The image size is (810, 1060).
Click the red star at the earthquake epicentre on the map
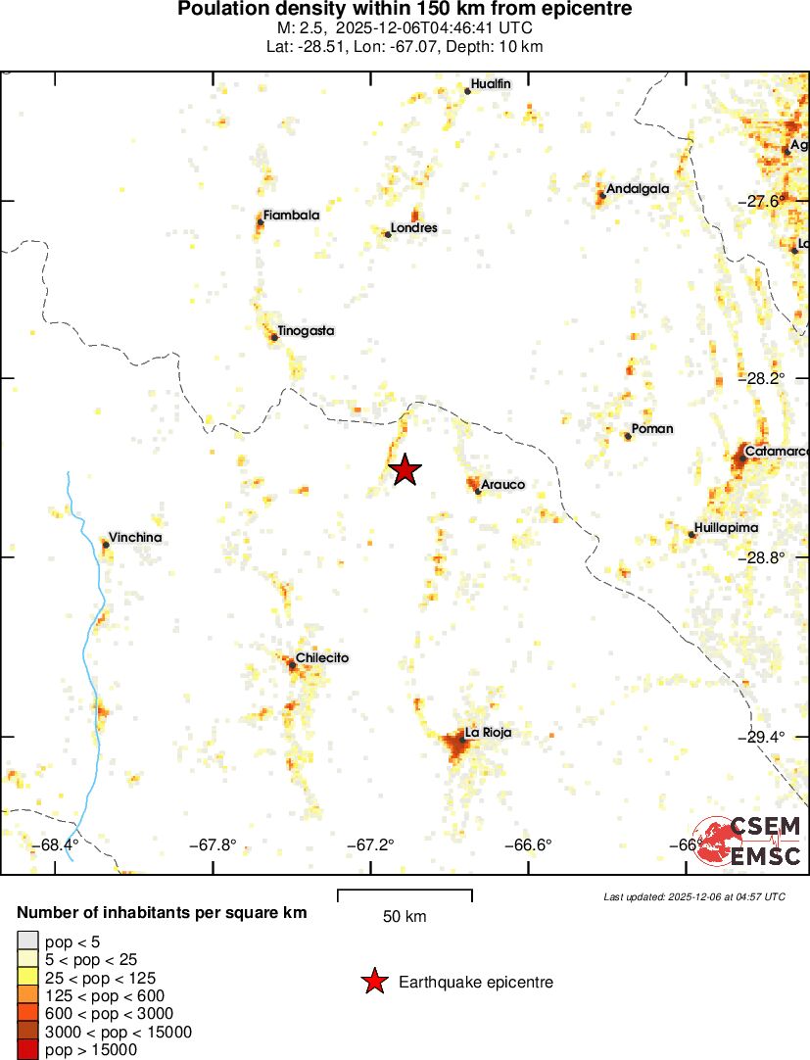(x=405, y=470)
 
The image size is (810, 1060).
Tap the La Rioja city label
(x=488, y=732)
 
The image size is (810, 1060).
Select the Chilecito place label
(x=322, y=657)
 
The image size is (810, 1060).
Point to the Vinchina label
(x=135, y=537)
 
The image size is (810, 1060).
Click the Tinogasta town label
(x=306, y=330)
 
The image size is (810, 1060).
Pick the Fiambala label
(x=291, y=215)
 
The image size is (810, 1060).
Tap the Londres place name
(x=413, y=228)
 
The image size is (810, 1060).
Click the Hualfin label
(x=491, y=84)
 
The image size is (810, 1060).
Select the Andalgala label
(x=638, y=188)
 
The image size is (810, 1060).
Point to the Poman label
(x=652, y=428)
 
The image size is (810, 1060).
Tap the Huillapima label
(x=726, y=527)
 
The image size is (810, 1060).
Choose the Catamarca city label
(x=777, y=452)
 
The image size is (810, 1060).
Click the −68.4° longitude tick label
(x=56, y=844)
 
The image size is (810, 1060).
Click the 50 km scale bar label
(x=405, y=917)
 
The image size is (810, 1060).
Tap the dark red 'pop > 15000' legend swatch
(x=28, y=1050)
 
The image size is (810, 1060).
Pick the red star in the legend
(x=373, y=982)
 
